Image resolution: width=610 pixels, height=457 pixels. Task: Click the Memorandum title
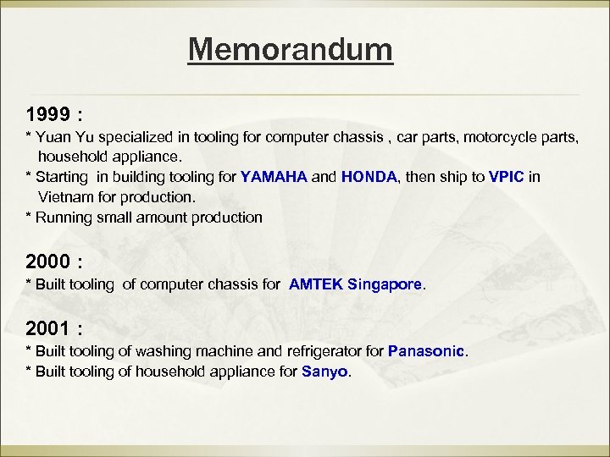(291, 49)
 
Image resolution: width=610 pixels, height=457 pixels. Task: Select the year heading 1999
(47, 113)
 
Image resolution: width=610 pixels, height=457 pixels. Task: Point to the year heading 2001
(47, 328)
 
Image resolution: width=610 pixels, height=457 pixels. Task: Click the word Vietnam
(64, 196)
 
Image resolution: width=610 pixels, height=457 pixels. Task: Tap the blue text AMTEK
(316, 284)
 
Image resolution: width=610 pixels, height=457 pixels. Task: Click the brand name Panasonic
(426, 350)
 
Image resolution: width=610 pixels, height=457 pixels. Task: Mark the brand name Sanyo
(324, 371)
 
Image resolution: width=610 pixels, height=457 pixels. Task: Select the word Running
(60, 217)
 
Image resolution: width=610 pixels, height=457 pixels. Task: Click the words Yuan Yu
(64, 137)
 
